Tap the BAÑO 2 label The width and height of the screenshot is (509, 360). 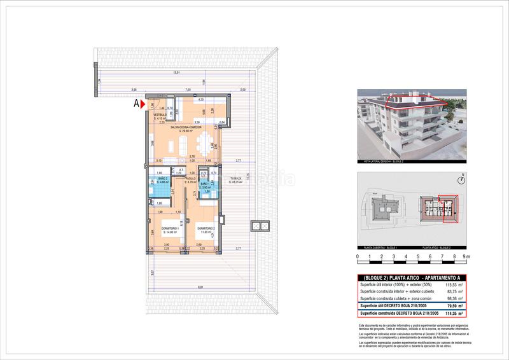[163, 180]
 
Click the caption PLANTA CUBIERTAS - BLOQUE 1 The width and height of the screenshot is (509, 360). [380, 246]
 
